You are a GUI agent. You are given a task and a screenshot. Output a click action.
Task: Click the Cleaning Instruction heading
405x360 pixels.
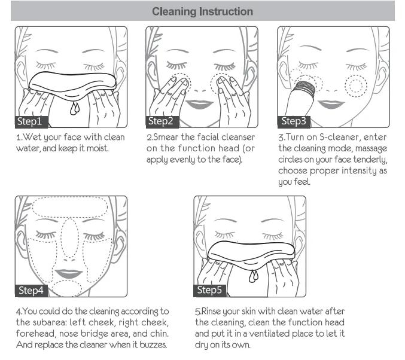pyautogui.click(x=202, y=11)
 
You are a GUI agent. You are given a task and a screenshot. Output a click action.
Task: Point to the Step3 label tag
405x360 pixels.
pyautogui.click(x=294, y=121)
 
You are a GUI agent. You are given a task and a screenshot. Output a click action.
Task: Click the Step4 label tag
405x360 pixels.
pyautogui.click(x=31, y=291)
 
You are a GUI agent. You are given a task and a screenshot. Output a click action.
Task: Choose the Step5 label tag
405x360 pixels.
pyautogui.click(x=210, y=291)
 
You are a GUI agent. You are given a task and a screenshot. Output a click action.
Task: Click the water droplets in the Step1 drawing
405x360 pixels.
pyautogui.click(x=75, y=108)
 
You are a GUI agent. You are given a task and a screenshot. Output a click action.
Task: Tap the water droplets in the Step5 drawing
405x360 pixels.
pyautogui.click(x=254, y=276)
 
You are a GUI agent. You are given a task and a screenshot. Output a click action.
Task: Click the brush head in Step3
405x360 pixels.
pyautogui.click(x=304, y=88)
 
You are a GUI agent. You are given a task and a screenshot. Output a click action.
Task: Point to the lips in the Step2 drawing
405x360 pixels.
pyautogui.click(x=200, y=104)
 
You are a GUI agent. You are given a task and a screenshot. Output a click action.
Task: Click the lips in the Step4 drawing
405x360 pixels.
pyautogui.click(x=68, y=273)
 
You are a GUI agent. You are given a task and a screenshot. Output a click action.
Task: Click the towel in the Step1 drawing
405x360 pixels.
pyautogui.click(x=72, y=84)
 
